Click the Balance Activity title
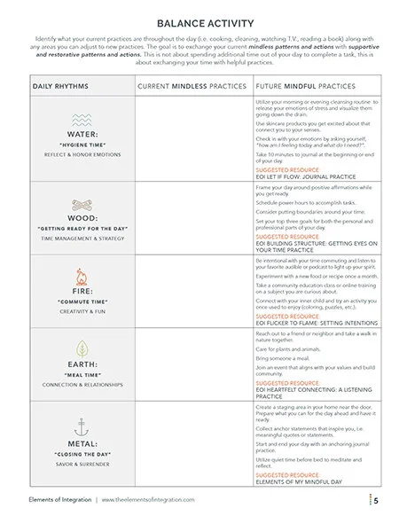tap(199, 25)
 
